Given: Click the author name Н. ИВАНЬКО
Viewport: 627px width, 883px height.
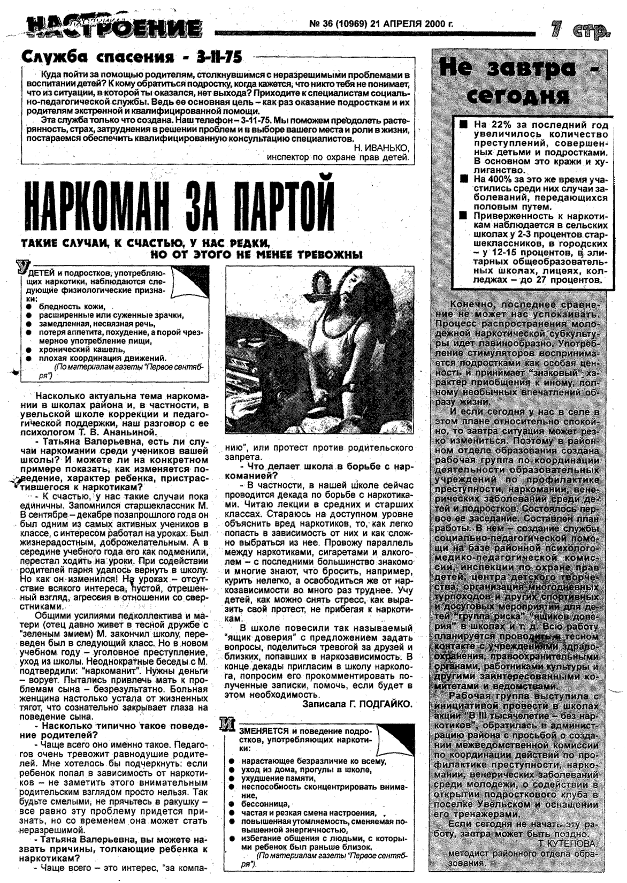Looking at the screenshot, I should pyautogui.click(x=382, y=148).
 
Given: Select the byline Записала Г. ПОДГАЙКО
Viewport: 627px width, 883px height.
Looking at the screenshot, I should pyautogui.click(x=357, y=704).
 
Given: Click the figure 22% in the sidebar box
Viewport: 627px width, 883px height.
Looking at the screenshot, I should pyautogui.click(x=494, y=124).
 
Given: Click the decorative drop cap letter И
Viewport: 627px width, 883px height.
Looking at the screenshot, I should pyautogui.click(x=228, y=725).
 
